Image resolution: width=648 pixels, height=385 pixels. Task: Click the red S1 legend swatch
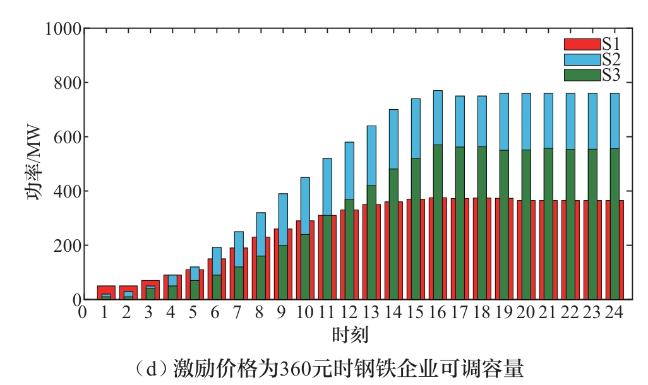(580, 44)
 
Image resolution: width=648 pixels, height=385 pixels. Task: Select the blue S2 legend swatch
(580, 60)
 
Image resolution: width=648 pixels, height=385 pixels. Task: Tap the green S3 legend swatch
(580, 75)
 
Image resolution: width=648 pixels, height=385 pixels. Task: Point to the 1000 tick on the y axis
(63, 29)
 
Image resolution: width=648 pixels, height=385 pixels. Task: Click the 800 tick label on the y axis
(68, 83)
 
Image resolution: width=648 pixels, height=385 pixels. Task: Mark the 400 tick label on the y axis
(68, 191)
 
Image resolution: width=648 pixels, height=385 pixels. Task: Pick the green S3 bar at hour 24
(615, 252)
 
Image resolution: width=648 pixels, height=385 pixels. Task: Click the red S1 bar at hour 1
(106, 289)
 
